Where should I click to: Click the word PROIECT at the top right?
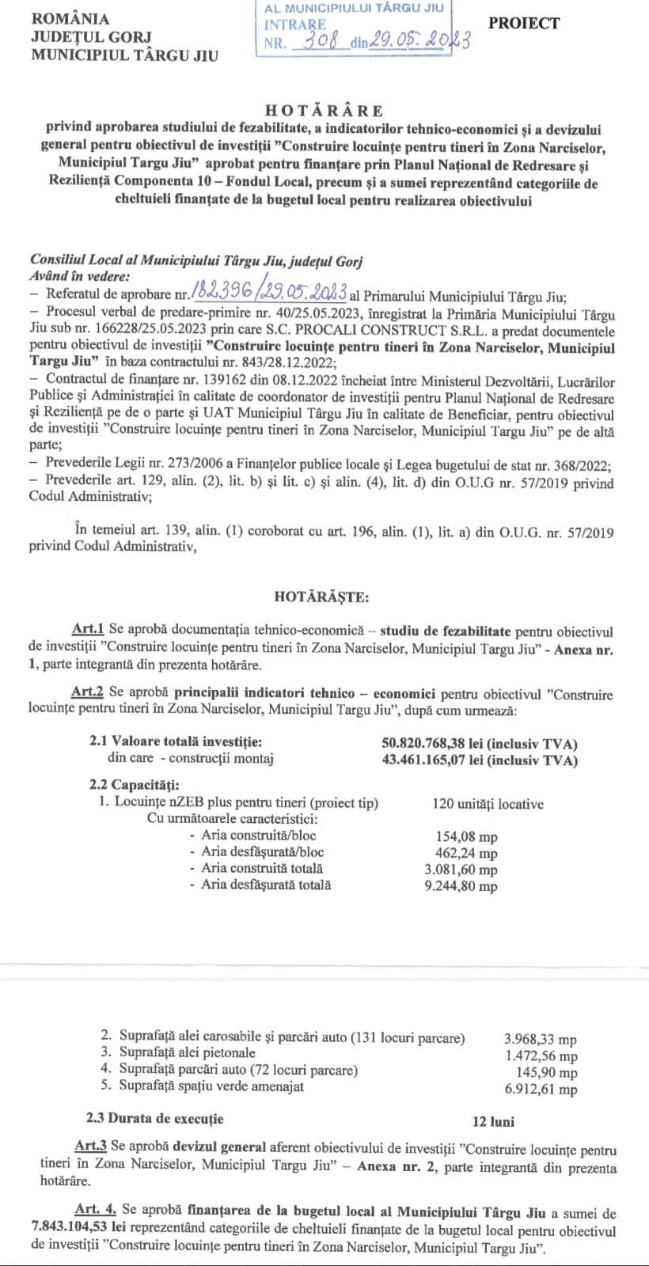pos(523,24)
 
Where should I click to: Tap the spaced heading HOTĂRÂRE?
pos(324,111)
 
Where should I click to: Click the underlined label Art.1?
pos(88,631)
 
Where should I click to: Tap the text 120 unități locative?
pos(488,804)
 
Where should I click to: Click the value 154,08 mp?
pos(466,836)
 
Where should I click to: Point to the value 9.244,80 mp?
pos(461,886)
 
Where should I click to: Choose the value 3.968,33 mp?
pos(540,1039)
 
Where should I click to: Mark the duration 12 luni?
pos(493,1121)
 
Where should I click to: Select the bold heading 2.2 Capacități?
pos(134,785)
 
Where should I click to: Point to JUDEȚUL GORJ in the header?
pos(80,37)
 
